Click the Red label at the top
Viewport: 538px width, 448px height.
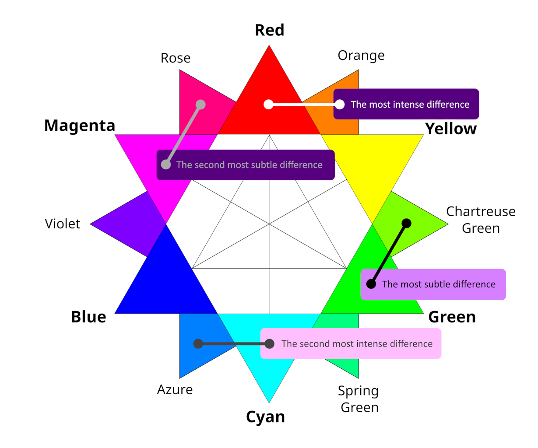(269, 30)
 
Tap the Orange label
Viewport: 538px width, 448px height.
(361, 56)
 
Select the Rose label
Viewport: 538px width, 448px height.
(176, 58)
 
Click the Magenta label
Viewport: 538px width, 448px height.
(80, 126)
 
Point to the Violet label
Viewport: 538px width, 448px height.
(63, 224)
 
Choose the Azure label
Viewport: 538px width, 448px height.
(175, 389)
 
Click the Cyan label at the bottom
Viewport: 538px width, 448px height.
(266, 417)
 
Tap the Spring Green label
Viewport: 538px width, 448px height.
(359, 399)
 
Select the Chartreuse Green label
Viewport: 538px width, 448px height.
(481, 220)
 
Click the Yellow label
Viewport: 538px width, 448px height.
(451, 129)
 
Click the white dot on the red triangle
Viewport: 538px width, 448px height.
(268, 105)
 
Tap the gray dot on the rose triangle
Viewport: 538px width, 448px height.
(200, 105)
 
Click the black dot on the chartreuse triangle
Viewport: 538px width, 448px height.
(406, 223)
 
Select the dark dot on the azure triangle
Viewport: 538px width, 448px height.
(198, 343)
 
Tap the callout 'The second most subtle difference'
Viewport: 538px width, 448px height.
(249, 165)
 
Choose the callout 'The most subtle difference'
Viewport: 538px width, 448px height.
(438, 284)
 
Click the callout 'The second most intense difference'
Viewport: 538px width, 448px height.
(356, 344)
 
